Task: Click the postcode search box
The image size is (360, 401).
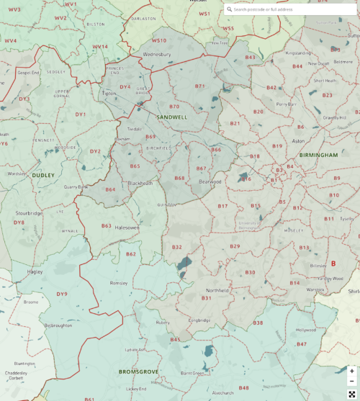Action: [292, 9]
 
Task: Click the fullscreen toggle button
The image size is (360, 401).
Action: [352, 393]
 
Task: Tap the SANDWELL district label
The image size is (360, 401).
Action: [171, 116]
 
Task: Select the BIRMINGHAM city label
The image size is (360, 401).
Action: [318, 155]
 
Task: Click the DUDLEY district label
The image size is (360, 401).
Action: [42, 175]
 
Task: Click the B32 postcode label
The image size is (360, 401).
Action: [177, 247]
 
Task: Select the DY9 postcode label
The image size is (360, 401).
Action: [62, 294]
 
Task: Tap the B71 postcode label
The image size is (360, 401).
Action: [199, 86]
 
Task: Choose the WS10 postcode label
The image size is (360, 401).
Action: [158, 40]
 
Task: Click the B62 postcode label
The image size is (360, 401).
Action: [130, 253]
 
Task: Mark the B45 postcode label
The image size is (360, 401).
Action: [175, 339]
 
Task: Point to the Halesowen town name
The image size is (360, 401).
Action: [127, 227]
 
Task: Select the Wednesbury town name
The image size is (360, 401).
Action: [157, 55]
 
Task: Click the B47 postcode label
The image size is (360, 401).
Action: [302, 344]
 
